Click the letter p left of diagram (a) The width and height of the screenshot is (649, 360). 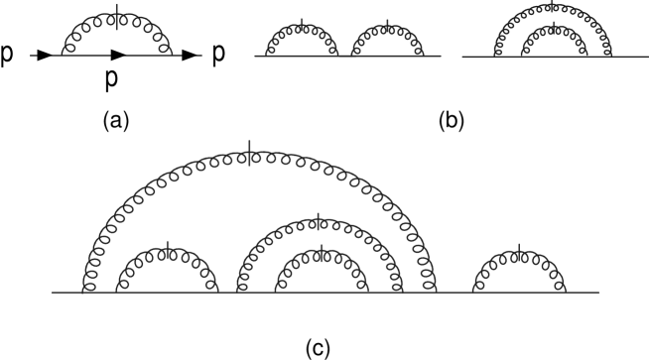pos(9,57)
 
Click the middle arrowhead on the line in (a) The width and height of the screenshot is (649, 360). pos(118,57)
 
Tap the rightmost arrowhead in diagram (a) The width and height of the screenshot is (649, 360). pos(190,57)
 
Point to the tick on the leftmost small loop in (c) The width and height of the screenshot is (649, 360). pos(168,248)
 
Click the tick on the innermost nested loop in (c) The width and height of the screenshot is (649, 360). pos(320,251)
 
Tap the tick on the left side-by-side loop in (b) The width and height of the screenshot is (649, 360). pos(301,23)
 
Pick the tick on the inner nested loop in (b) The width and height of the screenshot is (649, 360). pos(551,25)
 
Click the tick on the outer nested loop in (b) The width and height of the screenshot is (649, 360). pos(551,7)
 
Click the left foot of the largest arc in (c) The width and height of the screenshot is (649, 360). pos(86,291)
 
